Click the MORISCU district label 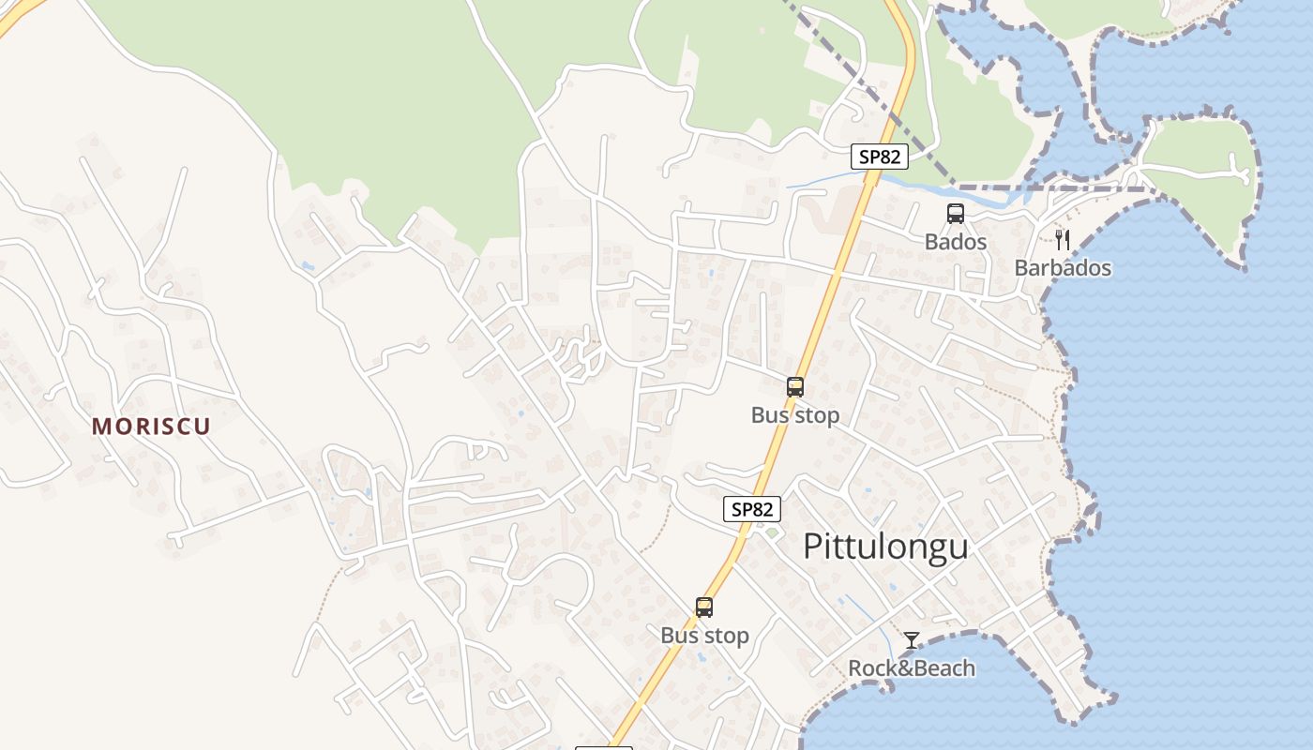[x=151, y=427]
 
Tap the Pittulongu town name [x=885, y=546]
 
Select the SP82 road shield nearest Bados [x=879, y=157]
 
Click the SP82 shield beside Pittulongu [x=752, y=509]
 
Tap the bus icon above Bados [x=956, y=214]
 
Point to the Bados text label [x=956, y=242]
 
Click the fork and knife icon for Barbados [x=1062, y=240]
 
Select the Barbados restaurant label [x=1063, y=268]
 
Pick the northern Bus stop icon [x=795, y=386]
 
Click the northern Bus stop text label [x=795, y=414]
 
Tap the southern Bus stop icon [x=704, y=607]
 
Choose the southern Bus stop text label [x=704, y=636]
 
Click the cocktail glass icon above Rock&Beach [x=912, y=640]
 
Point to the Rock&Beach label [x=912, y=668]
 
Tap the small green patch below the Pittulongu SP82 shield [x=771, y=533]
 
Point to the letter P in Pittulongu [x=812, y=546]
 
